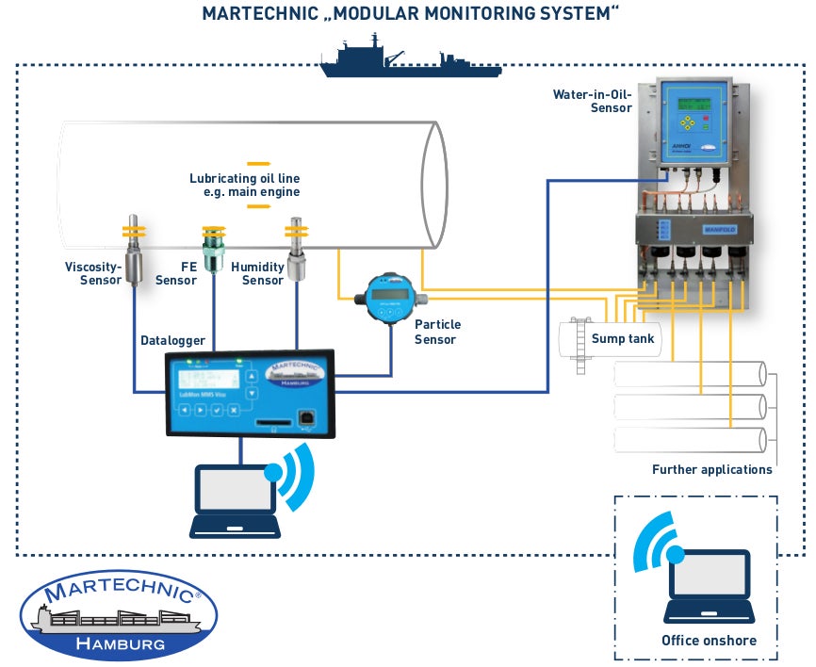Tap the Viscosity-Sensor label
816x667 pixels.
coord(93,273)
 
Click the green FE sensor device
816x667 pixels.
coord(214,247)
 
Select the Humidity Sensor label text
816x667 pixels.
coord(263,273)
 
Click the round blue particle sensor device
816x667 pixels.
coord(390,300)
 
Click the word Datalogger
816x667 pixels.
coord(172,340)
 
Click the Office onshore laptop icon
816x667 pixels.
coord(708,585)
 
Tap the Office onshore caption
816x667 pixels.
coord(709,641)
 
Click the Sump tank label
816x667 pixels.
coord(622,339)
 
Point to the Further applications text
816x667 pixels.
coord(711,469)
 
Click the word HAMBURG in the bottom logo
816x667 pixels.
coord(119,644)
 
